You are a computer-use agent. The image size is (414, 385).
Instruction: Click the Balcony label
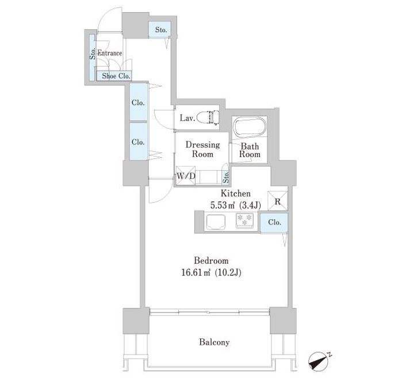point(214,342)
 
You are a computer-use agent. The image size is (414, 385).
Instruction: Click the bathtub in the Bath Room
point(250,127)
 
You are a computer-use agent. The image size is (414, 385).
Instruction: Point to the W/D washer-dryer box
point(186,176)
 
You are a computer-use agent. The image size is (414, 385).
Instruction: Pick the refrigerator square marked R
point(278,201)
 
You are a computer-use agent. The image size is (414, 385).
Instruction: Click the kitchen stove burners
point(244,220)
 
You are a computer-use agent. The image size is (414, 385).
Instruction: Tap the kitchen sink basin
point(216,222)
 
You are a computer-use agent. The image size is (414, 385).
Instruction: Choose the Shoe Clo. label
point(116,76)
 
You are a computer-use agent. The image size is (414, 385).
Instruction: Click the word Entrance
point(110,53)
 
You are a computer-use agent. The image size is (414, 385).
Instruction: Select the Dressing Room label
point(202,149)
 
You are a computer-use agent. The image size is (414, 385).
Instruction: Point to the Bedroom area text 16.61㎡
point(196,272)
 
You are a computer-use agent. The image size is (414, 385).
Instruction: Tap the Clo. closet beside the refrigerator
point(274,223)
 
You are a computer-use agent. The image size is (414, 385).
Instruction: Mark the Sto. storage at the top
point(159,29)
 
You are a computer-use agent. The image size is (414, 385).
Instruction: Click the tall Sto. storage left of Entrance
point(92,58)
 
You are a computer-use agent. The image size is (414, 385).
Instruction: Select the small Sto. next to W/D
point(225,176)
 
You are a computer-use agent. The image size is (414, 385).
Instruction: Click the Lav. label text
point(187,118)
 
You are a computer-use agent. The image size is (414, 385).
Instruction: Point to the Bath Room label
point(250,150)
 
